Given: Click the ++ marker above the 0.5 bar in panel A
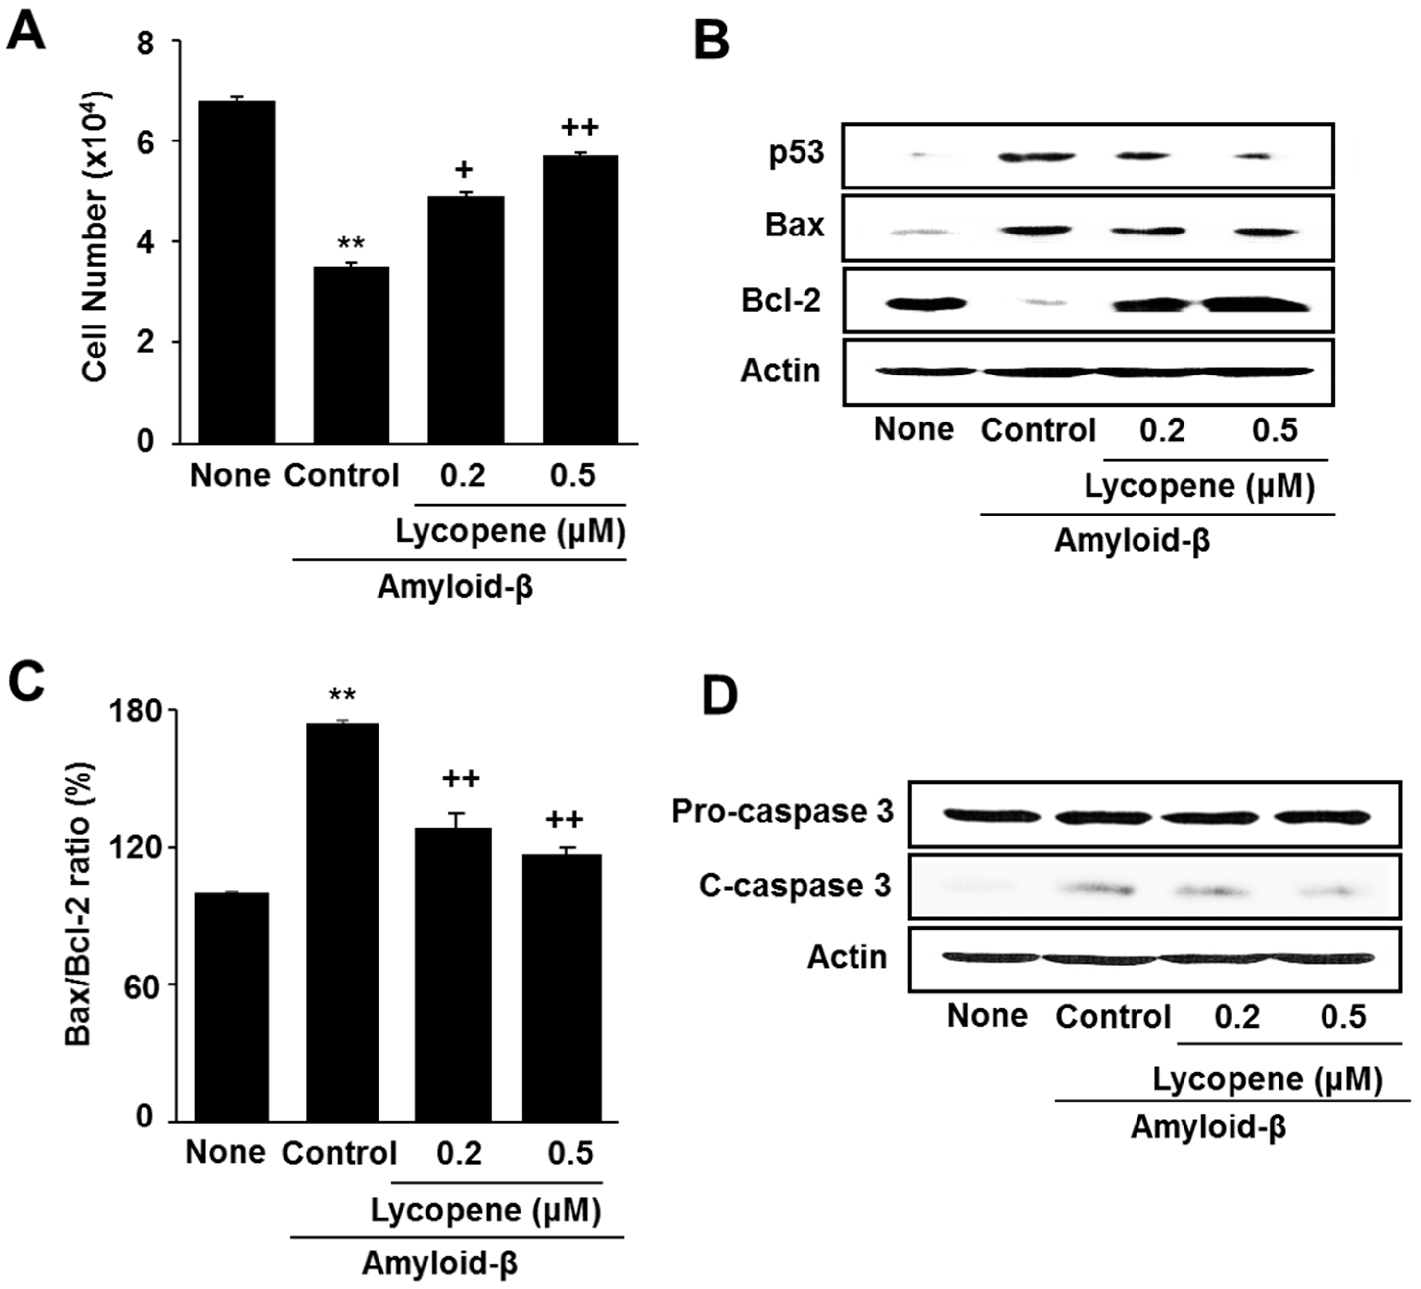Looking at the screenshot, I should pos(580,128).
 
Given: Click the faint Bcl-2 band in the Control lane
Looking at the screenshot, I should pos(1039,303).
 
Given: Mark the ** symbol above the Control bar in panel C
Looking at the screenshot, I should pos(342,696).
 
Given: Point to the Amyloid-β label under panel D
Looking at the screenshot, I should pos(1208,1127).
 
